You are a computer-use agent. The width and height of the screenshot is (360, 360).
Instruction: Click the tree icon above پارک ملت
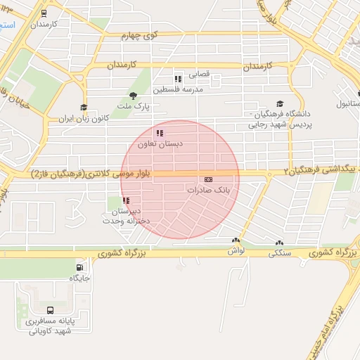[132, 96]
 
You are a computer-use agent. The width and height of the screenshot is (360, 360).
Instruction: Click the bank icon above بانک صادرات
[209, 180]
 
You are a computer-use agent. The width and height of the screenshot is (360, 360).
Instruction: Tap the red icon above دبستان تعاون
[160, 133]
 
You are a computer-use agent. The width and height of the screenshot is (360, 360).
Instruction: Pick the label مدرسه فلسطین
[182, 90]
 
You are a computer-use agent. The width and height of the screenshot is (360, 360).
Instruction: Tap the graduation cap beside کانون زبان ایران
[84, 108]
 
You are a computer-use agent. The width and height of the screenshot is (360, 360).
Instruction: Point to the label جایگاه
[80, 278]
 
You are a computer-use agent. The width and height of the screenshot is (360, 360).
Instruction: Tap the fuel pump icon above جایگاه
[79, 267]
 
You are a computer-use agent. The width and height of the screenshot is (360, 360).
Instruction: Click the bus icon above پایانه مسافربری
[50, 310]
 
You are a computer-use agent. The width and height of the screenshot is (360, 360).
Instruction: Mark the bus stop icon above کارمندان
[45, 13]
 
